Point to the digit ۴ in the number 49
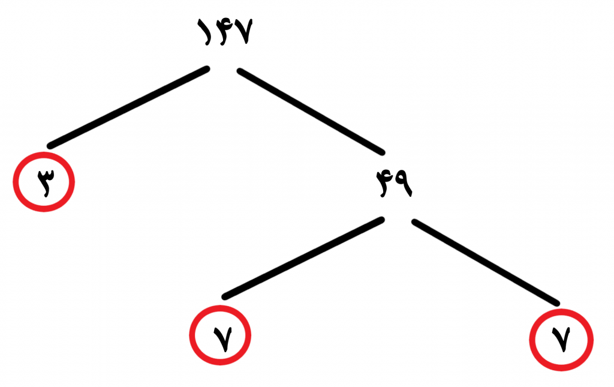(x=385, y=184)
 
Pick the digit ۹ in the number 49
(x=404, y=183)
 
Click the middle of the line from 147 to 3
(x=128, y=107)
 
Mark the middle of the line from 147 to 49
(x=311, y=112)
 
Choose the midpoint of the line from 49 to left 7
(x=303, y=258)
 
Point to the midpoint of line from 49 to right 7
(x=486, y=262)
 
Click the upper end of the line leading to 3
(x=207, y=69)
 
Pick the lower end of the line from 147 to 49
(x=382, y=152)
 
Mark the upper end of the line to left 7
(x=381, y=220)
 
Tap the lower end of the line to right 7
(x=557, y=303)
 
